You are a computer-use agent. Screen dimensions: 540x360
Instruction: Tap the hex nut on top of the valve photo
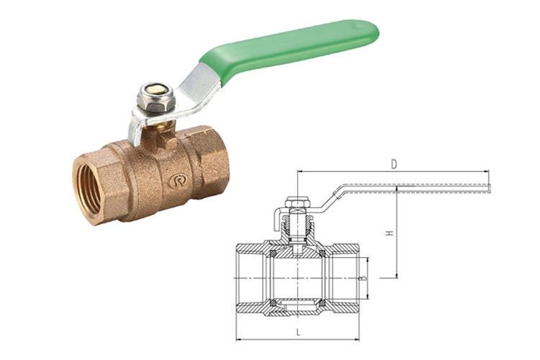pos(156,98)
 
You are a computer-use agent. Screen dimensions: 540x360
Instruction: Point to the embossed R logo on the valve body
pos(177,181)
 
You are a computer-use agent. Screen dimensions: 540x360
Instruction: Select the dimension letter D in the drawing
pos(394,164)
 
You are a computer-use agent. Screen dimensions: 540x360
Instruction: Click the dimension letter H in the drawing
pos(390,233)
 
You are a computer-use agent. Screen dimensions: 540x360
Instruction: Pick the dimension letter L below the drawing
pos(298,333)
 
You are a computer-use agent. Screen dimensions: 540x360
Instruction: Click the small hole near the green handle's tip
pos(359,25)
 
